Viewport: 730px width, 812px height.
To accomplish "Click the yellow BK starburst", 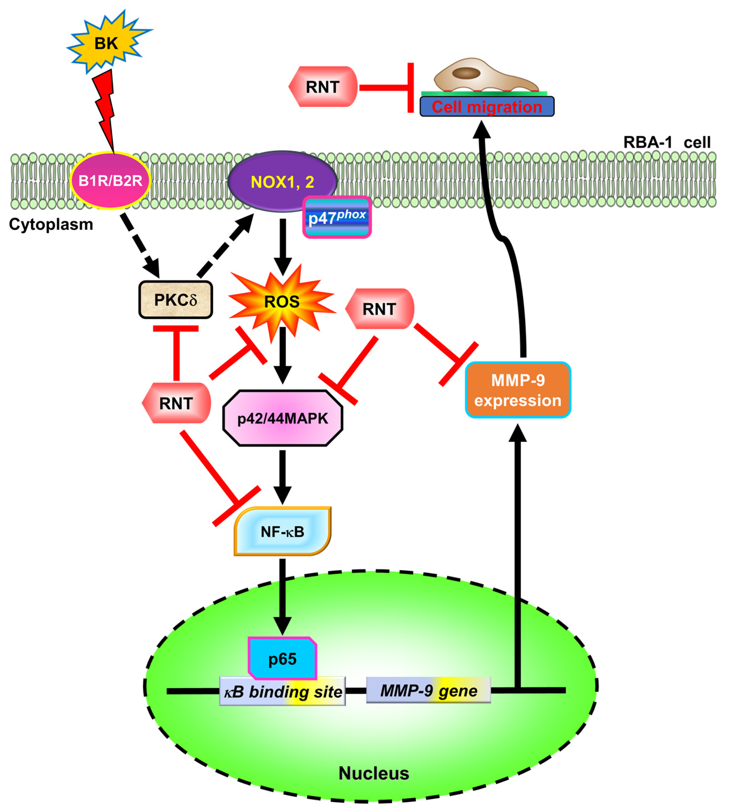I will (107, 42).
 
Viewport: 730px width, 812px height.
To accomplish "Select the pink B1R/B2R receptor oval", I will (110, 181).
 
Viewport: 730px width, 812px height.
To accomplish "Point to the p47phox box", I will (337, 217).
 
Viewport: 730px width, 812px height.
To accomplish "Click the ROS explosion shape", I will (282, 302).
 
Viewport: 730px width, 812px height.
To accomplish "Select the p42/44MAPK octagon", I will (282, 418).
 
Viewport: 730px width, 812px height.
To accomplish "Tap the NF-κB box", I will (282, 531).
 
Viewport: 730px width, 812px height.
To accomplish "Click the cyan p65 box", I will (282, 659).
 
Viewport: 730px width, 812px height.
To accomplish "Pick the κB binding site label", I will (282, 691).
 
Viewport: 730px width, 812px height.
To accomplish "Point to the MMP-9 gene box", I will (428, 691).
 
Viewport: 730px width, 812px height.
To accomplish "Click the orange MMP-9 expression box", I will (518, 390).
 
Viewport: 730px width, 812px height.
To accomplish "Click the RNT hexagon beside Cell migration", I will (323, 87).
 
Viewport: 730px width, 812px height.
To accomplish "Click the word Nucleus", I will (373, 773).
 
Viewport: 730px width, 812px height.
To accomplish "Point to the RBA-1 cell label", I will (667, 142).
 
